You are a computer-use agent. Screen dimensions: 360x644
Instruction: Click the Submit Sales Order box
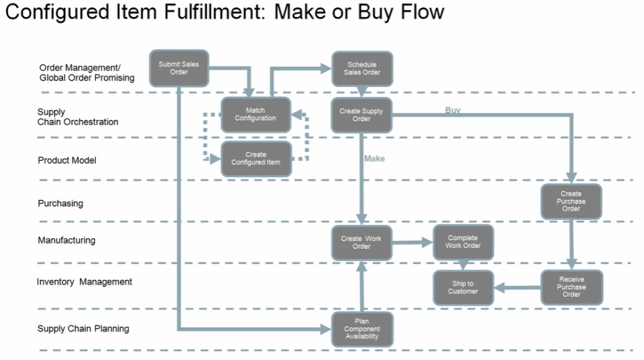179,68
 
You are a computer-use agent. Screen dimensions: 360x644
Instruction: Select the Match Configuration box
255,115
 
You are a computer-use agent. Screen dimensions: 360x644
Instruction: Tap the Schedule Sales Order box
362,68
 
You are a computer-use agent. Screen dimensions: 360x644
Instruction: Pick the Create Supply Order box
361,115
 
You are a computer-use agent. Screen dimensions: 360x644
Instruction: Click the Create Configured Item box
255,158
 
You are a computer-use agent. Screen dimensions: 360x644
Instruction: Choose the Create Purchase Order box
571,201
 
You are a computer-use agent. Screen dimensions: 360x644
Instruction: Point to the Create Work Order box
361,243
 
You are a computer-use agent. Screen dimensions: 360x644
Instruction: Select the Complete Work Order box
463,242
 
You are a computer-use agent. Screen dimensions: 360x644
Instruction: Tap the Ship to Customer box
463,287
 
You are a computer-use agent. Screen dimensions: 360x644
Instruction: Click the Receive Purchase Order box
571,287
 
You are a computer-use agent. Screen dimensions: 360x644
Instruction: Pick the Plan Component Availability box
362,329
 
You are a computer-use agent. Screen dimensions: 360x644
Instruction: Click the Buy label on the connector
452,110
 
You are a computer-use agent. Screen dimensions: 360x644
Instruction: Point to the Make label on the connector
374,159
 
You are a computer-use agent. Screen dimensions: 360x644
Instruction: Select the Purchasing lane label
60,204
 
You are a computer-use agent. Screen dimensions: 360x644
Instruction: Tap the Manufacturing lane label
67,240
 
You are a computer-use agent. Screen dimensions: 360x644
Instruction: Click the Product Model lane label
67,161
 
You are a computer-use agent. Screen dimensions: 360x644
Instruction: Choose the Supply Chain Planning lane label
83,328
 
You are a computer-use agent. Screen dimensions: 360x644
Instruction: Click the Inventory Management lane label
84,282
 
